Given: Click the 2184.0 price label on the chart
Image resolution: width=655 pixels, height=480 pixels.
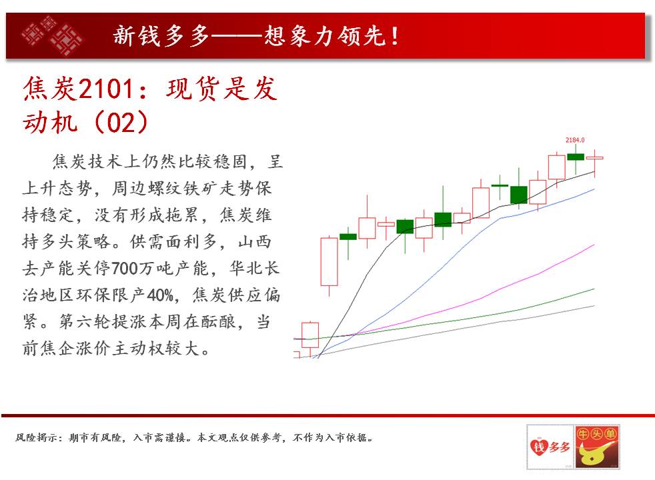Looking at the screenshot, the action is tap(575, 140).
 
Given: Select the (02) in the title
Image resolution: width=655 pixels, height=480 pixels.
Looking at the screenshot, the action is tap(121, 122).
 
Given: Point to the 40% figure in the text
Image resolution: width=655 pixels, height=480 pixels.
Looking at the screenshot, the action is tap(160, 295).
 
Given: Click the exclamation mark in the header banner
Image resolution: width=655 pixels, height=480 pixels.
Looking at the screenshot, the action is tap(394, 36).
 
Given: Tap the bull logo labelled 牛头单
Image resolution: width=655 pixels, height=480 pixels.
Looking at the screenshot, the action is tap(596, 447).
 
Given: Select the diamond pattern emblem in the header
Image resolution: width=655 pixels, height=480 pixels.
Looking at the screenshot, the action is tap(52, 35).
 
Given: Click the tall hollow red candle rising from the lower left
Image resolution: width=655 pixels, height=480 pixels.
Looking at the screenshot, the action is tap(330, 262).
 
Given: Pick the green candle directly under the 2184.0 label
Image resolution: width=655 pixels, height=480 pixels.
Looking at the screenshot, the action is tap(576, 157).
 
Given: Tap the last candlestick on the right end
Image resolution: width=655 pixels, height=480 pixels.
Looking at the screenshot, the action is tap(595, 158).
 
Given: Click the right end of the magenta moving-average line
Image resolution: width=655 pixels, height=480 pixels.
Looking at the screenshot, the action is tap(594, 245).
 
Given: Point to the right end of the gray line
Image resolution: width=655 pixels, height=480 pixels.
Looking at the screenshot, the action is tap(594, 306).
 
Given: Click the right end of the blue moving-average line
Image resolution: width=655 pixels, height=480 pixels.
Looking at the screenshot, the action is tap(594, 189).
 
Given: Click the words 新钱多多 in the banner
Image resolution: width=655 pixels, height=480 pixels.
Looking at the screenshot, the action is tap(161, 35).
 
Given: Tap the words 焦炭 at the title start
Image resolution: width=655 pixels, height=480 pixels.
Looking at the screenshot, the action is tap(50, 89).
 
